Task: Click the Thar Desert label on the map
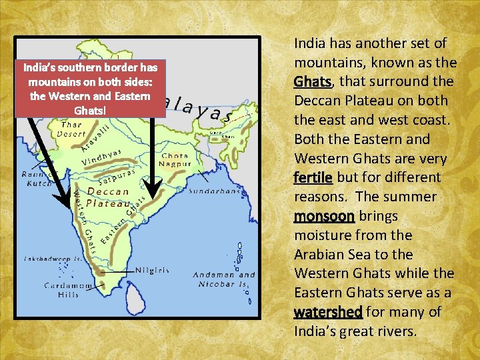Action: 71,129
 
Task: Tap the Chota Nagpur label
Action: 175,159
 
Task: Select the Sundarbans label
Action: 214,191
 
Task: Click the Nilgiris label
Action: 152,271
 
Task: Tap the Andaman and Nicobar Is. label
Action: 224,279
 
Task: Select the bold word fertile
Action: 313,177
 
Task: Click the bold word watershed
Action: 327,312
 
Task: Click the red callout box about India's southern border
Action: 90,89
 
